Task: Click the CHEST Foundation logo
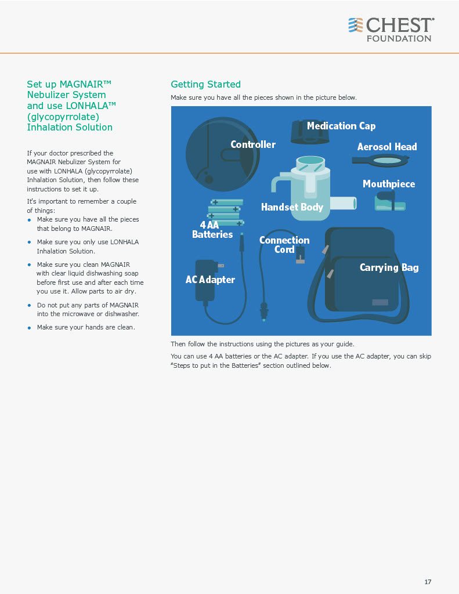(x=391, y=30)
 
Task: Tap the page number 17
(x=428, y=582)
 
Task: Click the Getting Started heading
(x=205, y=85)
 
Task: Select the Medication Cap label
(x=341, y=126)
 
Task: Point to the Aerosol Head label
(x=387, y=147)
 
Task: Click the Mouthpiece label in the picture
(x=389, y=184)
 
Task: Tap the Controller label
(x=253, y=144)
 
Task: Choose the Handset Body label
(x=292, y=207)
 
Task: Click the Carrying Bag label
(x=389, y=267)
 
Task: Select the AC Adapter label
(x=210, y=280)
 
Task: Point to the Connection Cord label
(x=284, y=245)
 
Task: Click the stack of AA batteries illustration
(x=226, y=212)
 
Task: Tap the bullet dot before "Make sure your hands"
(x=29, y=328)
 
